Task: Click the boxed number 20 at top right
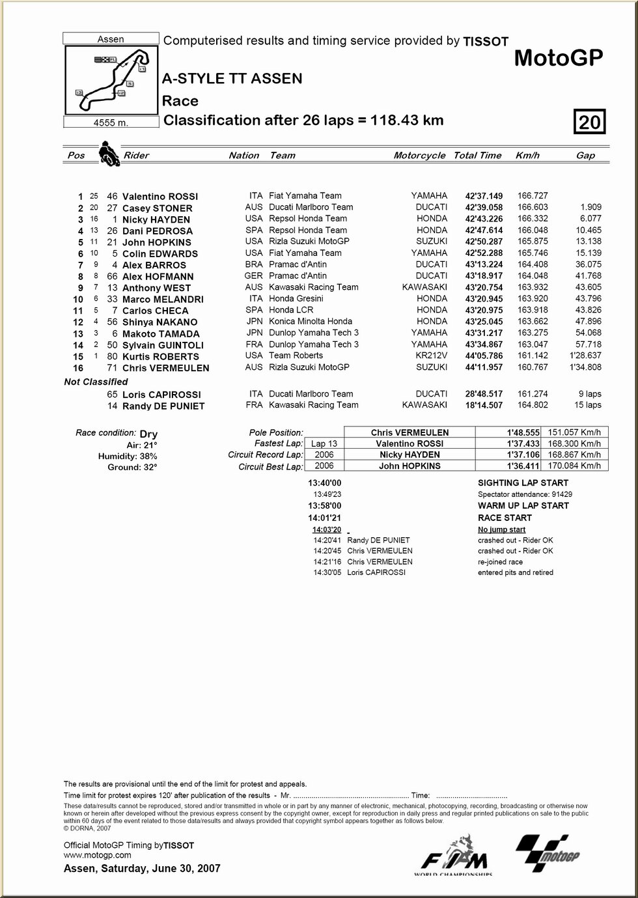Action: tap(589, 122)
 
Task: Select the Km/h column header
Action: tap(527, 156)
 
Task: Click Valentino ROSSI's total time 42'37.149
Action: tap(484, 196)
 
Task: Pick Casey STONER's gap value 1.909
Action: tap(590, 207)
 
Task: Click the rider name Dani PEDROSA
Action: tap(158, 231)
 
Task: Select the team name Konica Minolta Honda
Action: tap(311, 321)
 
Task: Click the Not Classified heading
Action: tap(96, 382)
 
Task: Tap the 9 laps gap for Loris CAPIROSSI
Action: tap(589, 394)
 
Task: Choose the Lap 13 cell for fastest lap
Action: tap(324, 443)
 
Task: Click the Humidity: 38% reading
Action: tap(128, 456)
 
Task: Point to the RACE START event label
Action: tap(505, 518)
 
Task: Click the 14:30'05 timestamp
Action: tap(327, 572)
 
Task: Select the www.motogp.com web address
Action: tap(98, 855)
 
